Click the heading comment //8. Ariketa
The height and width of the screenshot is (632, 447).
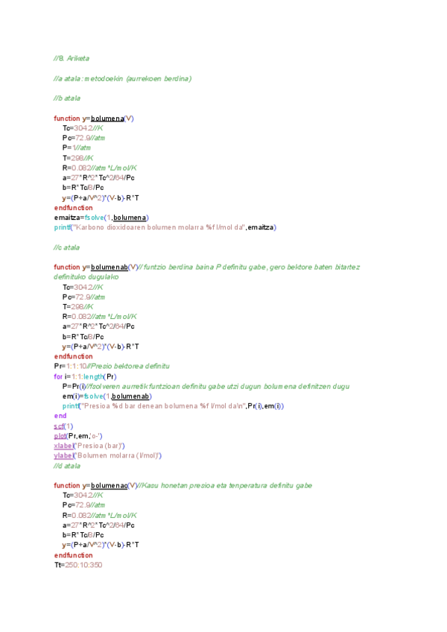click(x=72, y=58)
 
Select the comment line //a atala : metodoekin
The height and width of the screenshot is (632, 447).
click(x=122, y=78)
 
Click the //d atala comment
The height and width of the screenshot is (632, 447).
click(x=67, y=465)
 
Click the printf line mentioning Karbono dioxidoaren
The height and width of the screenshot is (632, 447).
click(x=165, y=227)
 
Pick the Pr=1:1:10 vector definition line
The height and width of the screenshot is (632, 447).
click(x=112, y=366)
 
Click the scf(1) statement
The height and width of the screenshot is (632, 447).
click(x=63, y=426)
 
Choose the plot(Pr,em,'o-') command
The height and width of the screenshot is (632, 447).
click(x=78, y=435)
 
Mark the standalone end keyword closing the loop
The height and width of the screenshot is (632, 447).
click(x=60, y=415)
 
